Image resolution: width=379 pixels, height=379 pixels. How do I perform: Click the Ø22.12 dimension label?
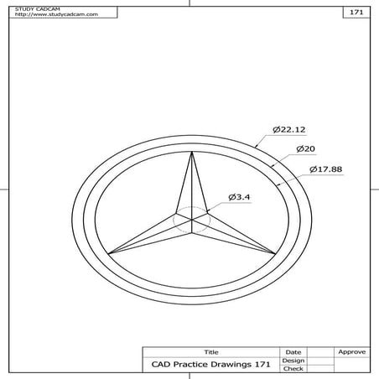tap(288, 130)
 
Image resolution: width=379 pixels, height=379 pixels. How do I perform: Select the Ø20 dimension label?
tap(305, 149)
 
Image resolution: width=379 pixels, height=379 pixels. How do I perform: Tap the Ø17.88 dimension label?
tap(327, 169)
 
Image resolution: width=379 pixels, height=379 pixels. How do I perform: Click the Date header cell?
tap(293, 351)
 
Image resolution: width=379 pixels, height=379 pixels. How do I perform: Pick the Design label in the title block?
tap(293, 360)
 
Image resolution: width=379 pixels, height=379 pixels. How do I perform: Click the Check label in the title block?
tap(293, 368)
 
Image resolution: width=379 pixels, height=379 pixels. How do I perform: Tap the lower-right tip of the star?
tap(273, 252)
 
